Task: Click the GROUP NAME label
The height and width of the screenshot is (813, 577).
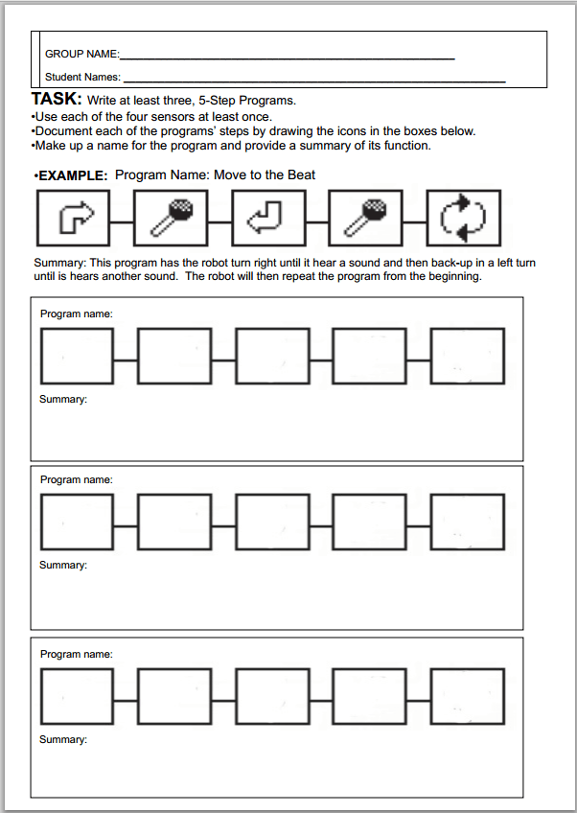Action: coord(81,55)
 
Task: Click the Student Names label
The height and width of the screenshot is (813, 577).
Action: coord(82,77)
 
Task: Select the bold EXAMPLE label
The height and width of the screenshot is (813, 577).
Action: coord(71,176)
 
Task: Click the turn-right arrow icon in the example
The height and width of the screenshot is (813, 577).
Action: coord(74,219)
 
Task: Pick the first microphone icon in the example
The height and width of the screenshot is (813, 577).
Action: coord(172,219)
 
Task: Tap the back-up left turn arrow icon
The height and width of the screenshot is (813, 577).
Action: coord(269,219)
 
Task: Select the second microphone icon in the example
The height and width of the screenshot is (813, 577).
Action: coord(367,219)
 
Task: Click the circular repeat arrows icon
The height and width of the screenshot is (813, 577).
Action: coord(465,219)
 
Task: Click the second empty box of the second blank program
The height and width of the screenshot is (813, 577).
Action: coord(173,523)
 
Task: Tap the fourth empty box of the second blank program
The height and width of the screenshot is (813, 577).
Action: coord(369,523)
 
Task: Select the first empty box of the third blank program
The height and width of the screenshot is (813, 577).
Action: coord(76,697)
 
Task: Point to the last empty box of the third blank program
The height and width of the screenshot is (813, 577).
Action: coord(467,697)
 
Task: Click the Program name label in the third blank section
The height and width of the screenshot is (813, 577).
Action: coord(76,654)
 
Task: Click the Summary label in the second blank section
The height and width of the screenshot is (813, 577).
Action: coord(62,566)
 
